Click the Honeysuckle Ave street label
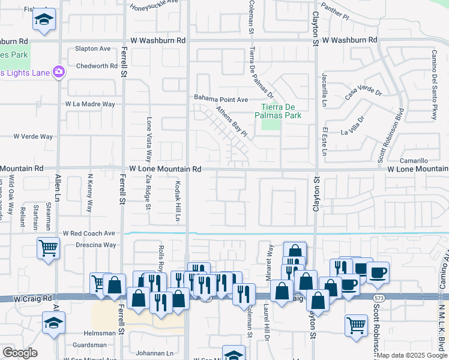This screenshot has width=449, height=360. [x=155, y=2]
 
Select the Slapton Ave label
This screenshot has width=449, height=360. [x=93, y=49]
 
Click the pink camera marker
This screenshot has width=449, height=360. [x=59, y=72]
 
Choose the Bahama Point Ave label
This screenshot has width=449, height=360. [x=220, y=99]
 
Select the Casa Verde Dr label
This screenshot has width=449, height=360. [x=363, y=92]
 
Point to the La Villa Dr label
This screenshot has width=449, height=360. [x=352, y=127]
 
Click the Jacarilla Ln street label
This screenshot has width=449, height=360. [x=325, y=88]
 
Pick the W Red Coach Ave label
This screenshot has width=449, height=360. [x=89, y=233]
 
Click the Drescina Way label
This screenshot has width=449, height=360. [x=95, y=245]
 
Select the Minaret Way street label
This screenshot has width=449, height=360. [x=270, y=258]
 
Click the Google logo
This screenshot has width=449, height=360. [x=19, y=353]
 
